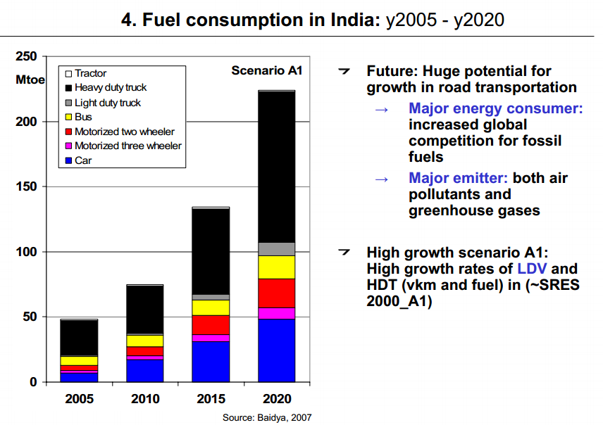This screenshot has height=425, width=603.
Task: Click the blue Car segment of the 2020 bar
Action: tap(277, 350)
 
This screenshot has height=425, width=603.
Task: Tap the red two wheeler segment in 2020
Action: tap(277, 293)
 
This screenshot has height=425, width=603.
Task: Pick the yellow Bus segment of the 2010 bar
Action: tap(145, 341)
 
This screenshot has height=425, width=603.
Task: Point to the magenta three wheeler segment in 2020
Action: tap(277, 313)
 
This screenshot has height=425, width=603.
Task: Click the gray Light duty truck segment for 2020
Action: tap(277, 248)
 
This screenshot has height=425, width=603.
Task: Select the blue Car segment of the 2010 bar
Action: tap(145, 370)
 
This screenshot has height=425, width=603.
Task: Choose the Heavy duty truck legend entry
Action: tap(110, 88)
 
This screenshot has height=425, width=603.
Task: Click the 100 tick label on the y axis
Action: tap(26, 252)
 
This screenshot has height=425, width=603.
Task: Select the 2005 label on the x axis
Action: tap(79, 399)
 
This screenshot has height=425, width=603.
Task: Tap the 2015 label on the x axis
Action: tap(211, 399)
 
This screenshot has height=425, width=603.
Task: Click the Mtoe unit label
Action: tap(30, 80)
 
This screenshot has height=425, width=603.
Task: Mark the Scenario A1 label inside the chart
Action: tap(267, 70)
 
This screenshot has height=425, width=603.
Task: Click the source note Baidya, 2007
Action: tap(267, 417)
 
